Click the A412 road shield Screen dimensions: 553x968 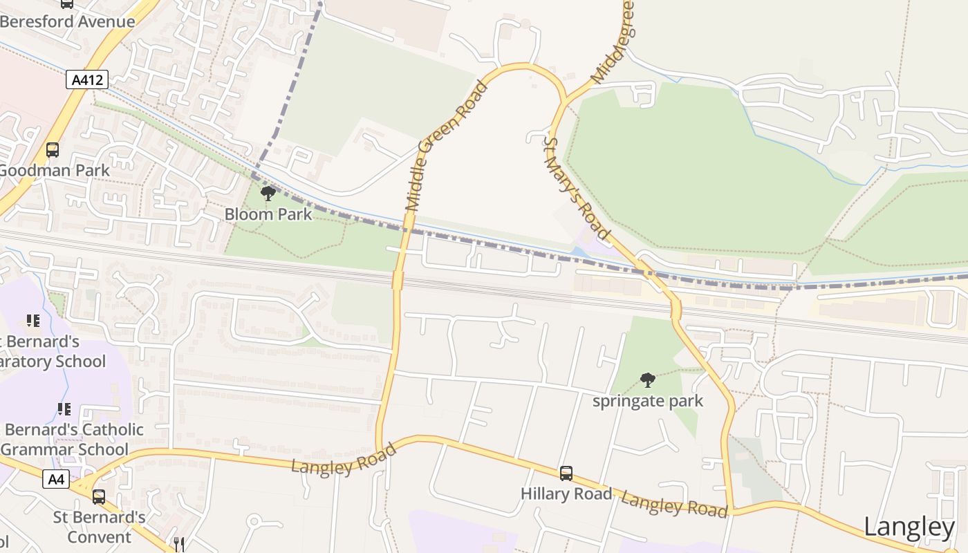point(87,79)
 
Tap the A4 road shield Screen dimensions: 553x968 point(56,478)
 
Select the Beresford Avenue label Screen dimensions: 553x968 point(67,21)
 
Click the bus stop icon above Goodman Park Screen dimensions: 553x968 point(53,149)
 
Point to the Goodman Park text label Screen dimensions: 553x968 point(55,170)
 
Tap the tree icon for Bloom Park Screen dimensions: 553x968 point(268,194)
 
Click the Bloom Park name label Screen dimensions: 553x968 point(268,214)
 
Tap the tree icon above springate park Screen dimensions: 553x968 point(648,379)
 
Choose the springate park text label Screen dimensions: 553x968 point(648,400)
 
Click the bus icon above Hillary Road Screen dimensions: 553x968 point(566,474)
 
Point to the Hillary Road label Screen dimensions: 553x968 point(566,494)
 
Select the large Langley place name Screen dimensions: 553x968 point(909,527)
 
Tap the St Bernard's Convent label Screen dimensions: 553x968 point(100,527)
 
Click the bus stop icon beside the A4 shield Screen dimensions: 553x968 point(99,496)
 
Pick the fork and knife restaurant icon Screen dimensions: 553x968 point(179,544)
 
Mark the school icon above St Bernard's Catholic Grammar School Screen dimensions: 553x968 point(64,409)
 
